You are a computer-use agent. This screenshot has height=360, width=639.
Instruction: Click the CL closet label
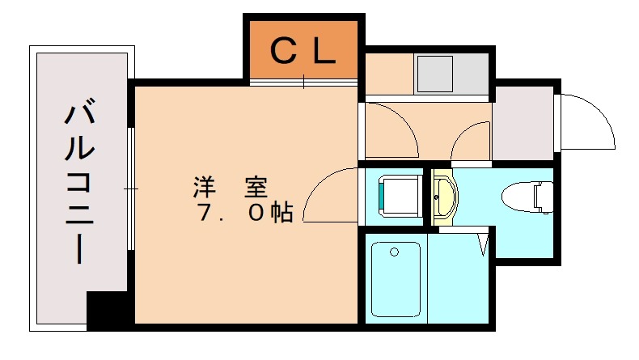tap(303, 52)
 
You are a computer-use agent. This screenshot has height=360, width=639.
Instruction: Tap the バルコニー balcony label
tap(82, 183)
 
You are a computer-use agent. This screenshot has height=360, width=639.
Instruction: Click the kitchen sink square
tap(434, 74)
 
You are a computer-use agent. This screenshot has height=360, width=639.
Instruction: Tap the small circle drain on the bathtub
tap(394, 252)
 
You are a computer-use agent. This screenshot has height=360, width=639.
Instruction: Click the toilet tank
tap(546, 197)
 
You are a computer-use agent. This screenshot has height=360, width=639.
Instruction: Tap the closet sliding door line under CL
tap(303, 82)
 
